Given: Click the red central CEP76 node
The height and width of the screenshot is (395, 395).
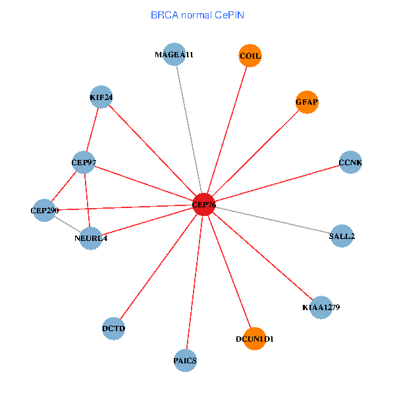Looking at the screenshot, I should coord(204,205).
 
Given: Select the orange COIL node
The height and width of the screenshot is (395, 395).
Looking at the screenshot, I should coord(250,56).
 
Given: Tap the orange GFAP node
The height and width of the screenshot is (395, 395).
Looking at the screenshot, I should coord(307,102).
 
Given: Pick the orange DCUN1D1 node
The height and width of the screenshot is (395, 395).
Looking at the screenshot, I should coord(254,338).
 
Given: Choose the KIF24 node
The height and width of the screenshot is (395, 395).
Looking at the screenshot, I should coord(101,97).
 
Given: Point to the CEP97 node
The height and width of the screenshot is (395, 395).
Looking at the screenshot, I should coord(84,162).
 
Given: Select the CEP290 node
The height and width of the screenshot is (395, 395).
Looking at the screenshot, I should coord(44,211).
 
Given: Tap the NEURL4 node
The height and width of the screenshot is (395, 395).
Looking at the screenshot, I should coord(91,238).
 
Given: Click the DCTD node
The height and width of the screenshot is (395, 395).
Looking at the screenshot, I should coord(114,328).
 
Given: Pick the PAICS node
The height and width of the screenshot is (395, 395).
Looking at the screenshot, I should coord(186,360).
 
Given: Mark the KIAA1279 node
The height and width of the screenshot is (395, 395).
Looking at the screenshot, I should coord(321,307).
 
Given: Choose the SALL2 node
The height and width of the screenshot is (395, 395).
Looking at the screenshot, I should coord(342,236).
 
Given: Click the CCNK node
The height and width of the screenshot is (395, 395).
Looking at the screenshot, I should coord(350,162).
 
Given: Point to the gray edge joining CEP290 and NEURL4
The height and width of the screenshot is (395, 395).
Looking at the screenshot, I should coord(67,224).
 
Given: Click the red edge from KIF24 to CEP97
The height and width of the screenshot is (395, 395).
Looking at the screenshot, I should coord(92,130).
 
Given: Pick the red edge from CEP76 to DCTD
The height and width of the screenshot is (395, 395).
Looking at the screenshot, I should coord(159,267).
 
